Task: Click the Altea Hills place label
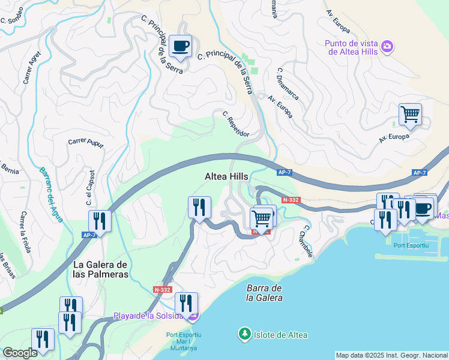pos(226,176)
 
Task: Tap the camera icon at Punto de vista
pos(387,46)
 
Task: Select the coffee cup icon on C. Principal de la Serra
pos(179,46)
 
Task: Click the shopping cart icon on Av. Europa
pos(410,114)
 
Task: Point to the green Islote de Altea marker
pos(244,334)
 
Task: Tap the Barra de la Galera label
pos(264,293)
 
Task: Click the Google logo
pos(20,353)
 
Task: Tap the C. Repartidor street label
pos(235,124)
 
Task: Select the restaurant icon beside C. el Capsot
pos(99,221)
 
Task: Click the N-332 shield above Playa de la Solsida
pos(163,289)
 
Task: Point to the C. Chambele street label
pos(307,242)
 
